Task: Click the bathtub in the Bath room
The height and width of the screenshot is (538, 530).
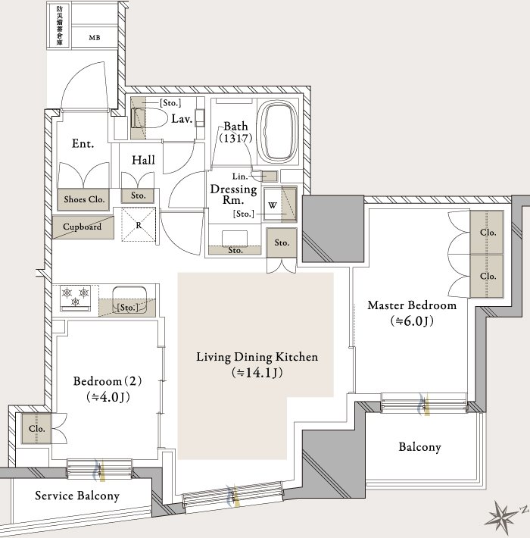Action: [277, 131]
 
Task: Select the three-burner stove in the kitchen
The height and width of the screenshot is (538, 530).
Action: [76, 297]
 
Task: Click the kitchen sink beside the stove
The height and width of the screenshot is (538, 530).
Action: [130, 300]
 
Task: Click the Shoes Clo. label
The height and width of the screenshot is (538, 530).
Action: [84, 199]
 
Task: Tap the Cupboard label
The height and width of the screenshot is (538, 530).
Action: [83, 227]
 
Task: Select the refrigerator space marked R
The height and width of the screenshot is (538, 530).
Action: [139, 225]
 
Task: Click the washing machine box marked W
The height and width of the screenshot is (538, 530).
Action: [273, 205]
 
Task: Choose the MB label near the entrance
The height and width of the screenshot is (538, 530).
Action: [95, 38]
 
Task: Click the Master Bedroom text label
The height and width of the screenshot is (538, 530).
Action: [412, 305]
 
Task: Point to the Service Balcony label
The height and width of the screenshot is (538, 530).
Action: [77, 495]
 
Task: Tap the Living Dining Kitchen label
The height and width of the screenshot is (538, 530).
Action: [257, 357]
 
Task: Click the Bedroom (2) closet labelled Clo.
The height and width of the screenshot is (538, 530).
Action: [36, 429]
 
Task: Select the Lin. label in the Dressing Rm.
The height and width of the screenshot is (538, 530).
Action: [240, 177]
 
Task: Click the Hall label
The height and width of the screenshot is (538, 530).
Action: [143, 160]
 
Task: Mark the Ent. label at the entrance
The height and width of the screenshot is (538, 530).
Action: [83, 143]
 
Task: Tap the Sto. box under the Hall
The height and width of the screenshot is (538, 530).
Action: [138, 196]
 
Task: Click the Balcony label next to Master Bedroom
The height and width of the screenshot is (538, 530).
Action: [419, 447]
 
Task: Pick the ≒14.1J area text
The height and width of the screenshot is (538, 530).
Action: [257, 373]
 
